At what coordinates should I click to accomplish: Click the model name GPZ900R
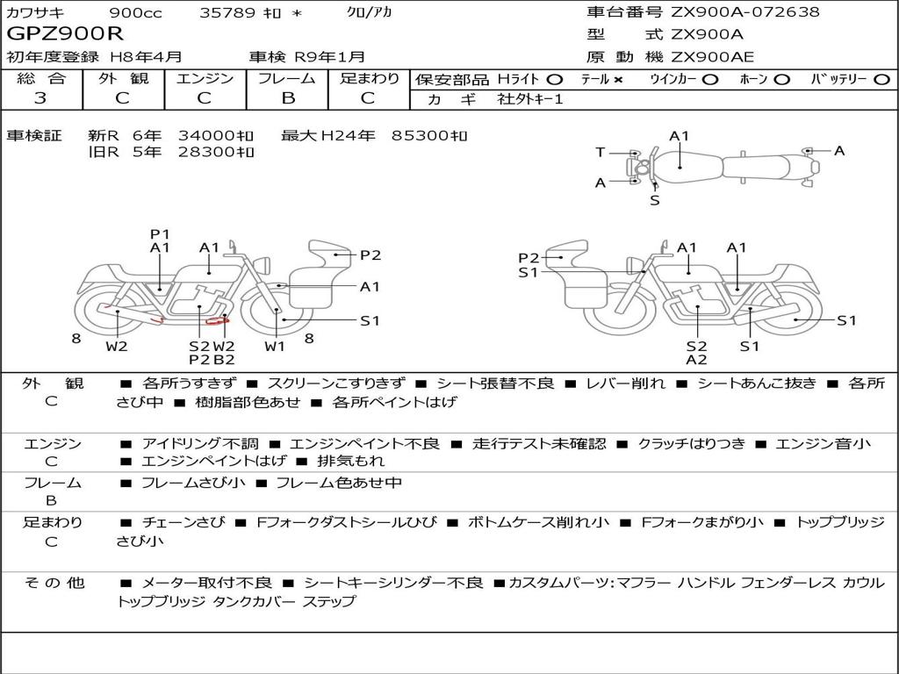tap(65, 33)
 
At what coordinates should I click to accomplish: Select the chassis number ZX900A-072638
tap(745, 11)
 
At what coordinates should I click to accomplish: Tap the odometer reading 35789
tap(227, 12)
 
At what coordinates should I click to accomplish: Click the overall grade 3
tap(40, 97)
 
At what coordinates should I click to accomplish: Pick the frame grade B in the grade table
tap(288, 98)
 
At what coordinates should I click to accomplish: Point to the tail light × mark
tap(617, 80)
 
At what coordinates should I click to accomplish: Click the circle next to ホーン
tap(781, 80)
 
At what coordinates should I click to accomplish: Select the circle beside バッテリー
tap(882, 80)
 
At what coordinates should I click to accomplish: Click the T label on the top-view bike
tap(600, 153)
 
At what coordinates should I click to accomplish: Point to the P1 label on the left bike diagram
tap(160, 233)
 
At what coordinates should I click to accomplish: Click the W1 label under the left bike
tap(275, 346)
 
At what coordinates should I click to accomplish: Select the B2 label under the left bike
tap(224, 360)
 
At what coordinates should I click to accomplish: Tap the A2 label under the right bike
tap(696, 360)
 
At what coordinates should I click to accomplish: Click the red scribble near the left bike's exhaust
tap(218, 320)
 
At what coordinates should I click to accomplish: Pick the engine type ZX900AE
tap(713, 57)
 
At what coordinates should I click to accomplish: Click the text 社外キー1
tap(530, 99)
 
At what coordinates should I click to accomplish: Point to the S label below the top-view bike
tap(655, 201)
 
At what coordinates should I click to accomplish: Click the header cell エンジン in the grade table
tap(205, 78)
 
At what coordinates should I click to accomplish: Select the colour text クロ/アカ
tap(370, 12)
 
